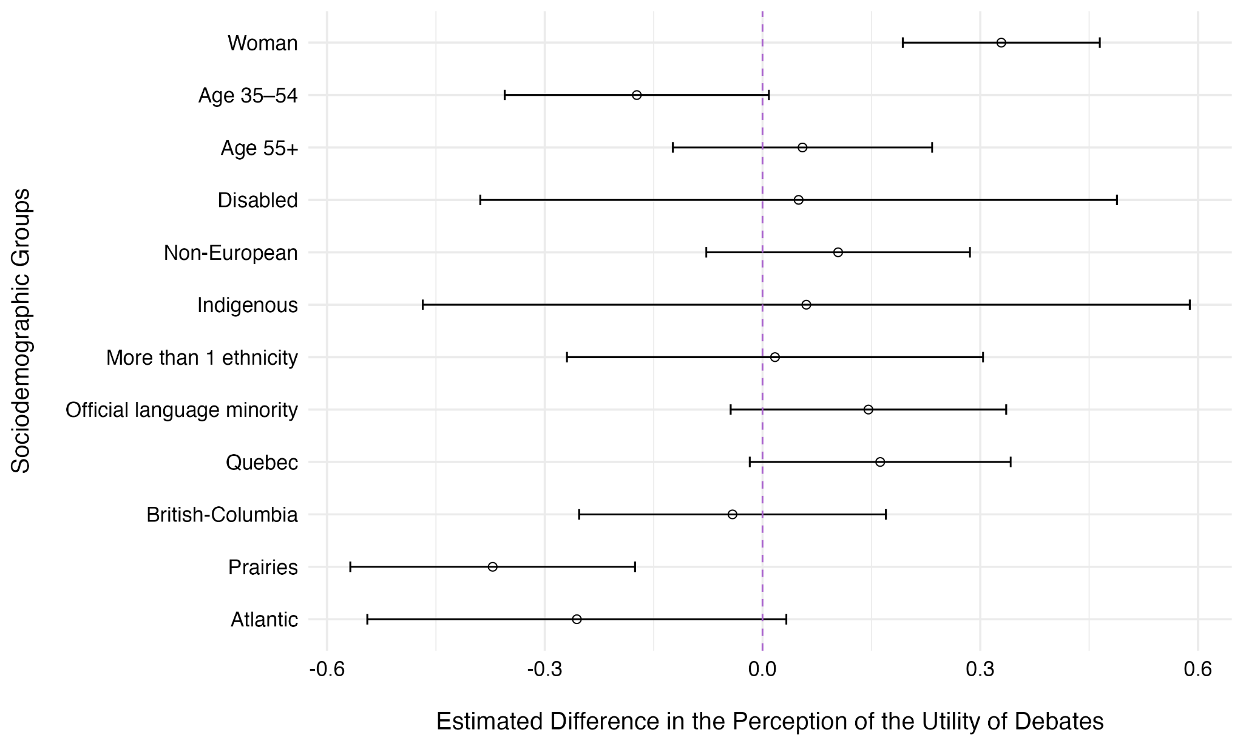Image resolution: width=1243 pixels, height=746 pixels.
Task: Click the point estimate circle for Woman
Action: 1001,42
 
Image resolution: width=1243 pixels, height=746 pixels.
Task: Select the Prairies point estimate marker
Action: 492,567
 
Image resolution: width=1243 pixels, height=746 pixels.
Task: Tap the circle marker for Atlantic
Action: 577,619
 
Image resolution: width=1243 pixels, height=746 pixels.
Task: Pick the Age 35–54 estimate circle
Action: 637,95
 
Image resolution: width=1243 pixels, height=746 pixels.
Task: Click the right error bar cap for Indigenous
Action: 1190,305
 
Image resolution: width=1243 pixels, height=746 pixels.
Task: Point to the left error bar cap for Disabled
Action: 480,200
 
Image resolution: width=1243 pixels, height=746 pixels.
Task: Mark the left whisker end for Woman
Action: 903,42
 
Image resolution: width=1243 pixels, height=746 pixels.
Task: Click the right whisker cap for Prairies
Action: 635,567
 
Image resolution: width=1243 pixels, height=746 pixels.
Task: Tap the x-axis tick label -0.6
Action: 327,670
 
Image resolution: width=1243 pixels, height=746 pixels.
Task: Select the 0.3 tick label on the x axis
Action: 980,670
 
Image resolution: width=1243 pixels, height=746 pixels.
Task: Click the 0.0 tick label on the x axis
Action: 762,670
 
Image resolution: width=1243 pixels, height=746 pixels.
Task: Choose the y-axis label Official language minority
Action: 181,410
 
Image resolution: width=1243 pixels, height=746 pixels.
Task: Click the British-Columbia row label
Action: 222,515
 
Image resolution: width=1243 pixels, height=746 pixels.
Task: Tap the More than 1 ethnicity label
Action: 202,358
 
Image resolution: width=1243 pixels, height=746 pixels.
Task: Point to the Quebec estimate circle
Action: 880,463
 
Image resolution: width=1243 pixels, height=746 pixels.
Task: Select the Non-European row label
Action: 231,253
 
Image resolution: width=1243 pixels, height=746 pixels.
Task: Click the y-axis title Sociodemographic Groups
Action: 21,331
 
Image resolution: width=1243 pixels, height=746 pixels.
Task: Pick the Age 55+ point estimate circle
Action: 802,148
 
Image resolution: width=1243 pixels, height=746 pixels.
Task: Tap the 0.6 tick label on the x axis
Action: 1197,670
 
